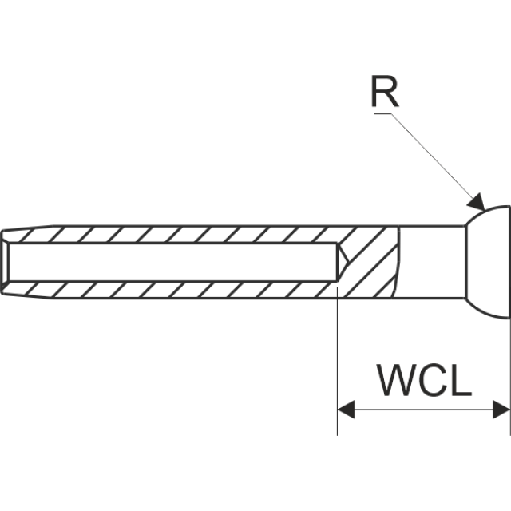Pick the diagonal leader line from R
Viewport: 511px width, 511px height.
point(431,156)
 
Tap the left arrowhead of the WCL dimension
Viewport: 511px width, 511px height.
point(346,410)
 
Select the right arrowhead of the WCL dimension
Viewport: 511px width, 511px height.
point(501,410)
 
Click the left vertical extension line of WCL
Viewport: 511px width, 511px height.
point(338,359)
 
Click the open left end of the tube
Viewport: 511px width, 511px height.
point(3,262)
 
